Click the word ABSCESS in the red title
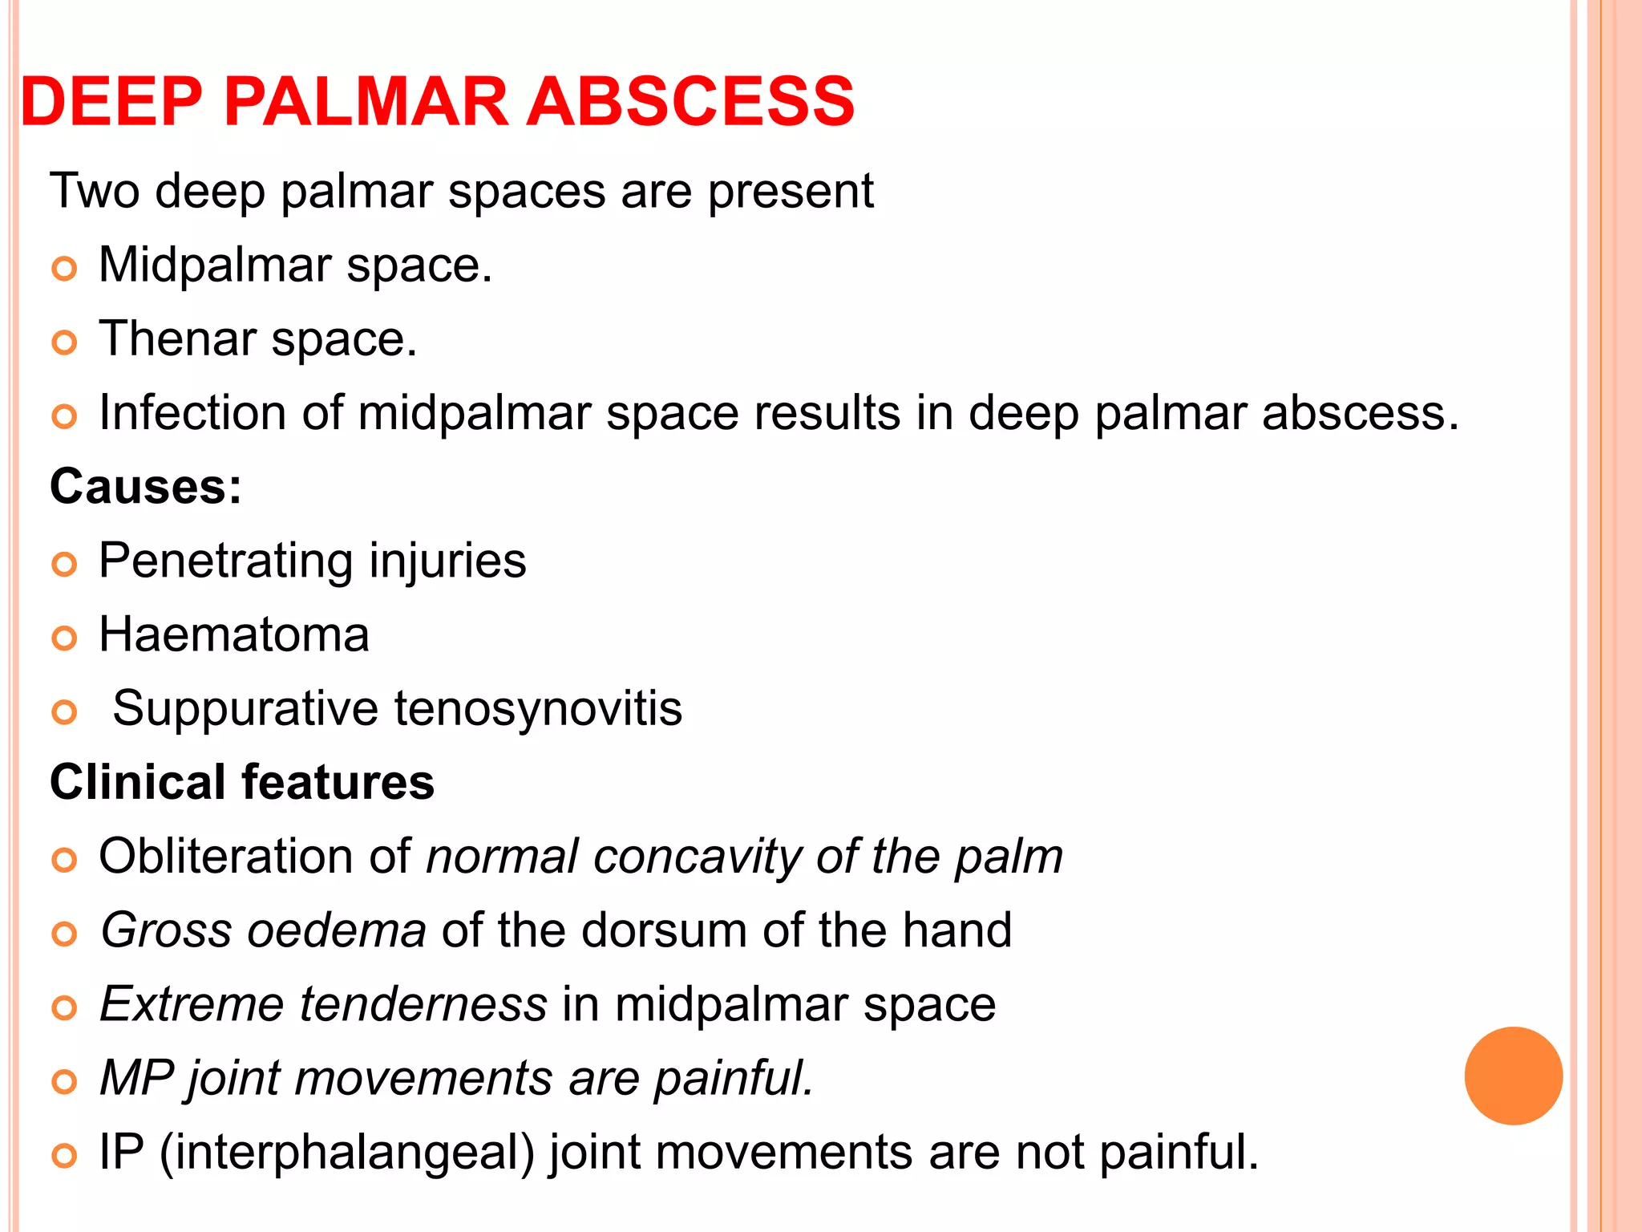point(690,102)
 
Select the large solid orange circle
point(1513,1076)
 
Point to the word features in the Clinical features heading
point(338,782)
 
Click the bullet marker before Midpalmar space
point(64,269)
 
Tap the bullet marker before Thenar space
point(64,343)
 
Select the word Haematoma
point(233,634)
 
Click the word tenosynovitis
point(538,708)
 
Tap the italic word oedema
point(337,930)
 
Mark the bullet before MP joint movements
point(64,1082)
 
